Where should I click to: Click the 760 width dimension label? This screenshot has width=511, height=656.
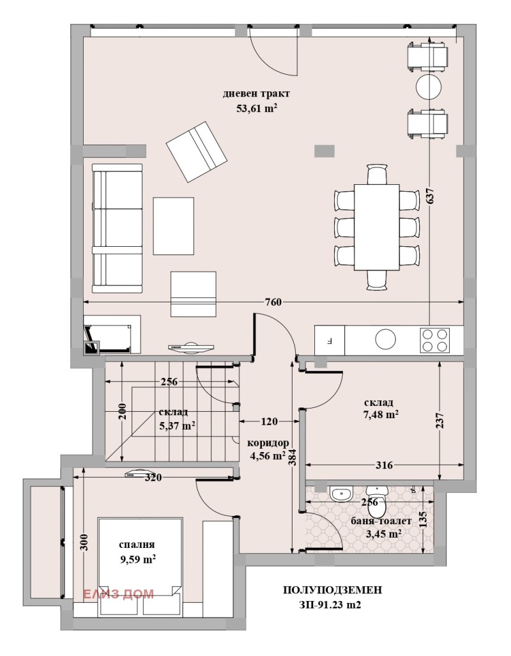click(273, 302)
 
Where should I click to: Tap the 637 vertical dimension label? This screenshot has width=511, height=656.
click(431, 196)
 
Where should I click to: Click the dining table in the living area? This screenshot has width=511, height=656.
click(377, 227)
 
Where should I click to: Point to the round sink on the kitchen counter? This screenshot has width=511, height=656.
click(385, 339)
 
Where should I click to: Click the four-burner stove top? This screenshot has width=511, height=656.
click(435, 340)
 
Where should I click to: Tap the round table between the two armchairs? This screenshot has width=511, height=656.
click(429, 86)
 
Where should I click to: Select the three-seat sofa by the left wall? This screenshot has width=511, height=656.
click(118, 228)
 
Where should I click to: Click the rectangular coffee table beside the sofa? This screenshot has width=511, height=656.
click(173, 226)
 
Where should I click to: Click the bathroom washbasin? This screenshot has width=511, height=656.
click(342, 494)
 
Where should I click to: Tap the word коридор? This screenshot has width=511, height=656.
click(268, 443)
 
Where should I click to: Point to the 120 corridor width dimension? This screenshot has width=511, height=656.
click(269, 421)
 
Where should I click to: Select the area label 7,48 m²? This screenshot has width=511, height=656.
click(381, 414)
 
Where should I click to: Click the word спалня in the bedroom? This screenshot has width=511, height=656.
click(137, 545)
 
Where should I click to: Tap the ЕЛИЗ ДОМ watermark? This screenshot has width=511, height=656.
click(118, 594)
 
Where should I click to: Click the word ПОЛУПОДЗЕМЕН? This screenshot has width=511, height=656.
click(332, 590)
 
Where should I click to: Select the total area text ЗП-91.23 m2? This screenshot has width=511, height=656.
click(330, 605)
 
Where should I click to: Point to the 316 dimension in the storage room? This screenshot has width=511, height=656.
click(384, 465)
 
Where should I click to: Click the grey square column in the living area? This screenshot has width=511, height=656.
click(324, 151)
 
